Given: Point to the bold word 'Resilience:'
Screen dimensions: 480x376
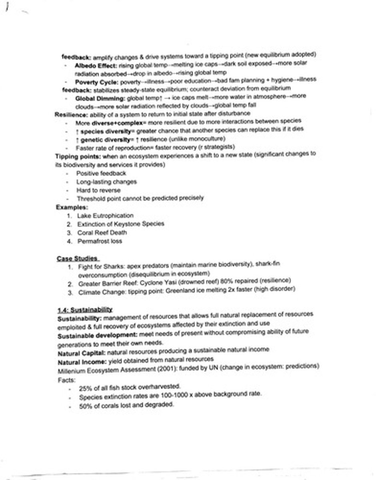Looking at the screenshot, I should coord(70,114).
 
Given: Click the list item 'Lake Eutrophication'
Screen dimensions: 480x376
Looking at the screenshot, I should coord(105,216).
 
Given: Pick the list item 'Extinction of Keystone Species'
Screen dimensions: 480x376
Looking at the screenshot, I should coord(120,224).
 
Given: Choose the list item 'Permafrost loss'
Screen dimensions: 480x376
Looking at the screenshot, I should coord(100,241).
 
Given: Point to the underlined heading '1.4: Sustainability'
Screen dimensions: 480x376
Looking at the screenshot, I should coord(84,309).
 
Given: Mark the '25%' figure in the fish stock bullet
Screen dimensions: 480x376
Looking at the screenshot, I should coord(85,388).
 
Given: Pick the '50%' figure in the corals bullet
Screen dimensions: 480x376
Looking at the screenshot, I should coord(85,405).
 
